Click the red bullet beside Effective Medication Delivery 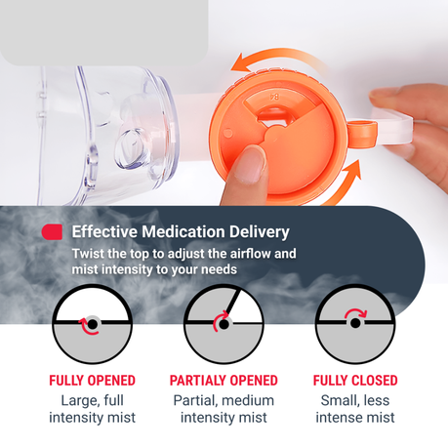coord(52,232)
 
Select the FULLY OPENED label coord(92,381)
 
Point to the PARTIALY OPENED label coord(224,381)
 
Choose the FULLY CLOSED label coord(355,381)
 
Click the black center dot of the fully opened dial coord(93,324)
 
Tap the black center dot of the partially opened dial coord(224,324)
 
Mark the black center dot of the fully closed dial coord(355,323)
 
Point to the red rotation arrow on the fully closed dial coord(355,313)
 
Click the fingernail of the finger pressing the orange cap coord(250,164)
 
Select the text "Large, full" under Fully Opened coord(93,401)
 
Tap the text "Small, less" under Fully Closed coord(355,400)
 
